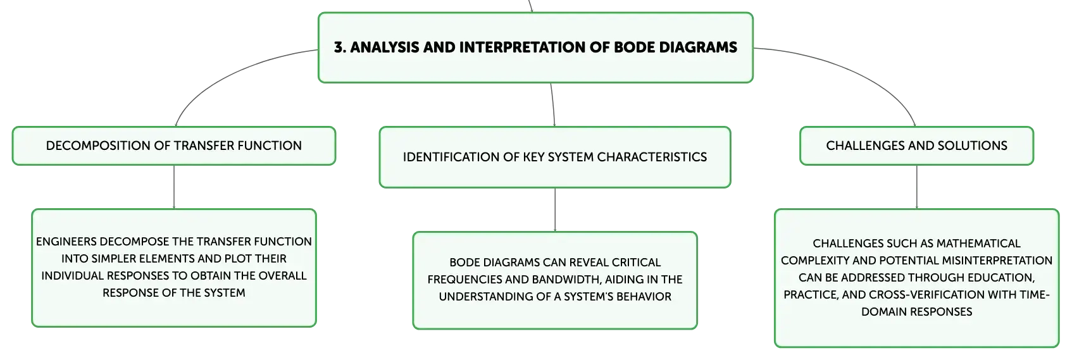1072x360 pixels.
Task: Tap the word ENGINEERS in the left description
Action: [66, 242]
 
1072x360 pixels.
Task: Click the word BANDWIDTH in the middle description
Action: [566, 280]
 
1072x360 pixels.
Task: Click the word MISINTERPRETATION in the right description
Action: [997, 261]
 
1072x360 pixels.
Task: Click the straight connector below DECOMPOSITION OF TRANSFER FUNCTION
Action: [174, 187]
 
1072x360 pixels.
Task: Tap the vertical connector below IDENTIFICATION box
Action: [555, 209]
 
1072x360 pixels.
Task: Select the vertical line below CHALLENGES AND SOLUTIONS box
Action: [917, 187]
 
